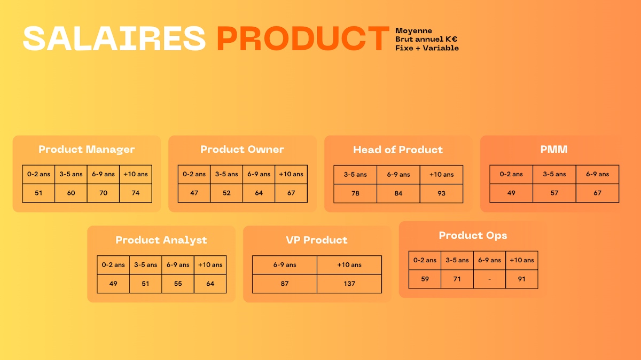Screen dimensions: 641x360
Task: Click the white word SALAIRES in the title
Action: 114,38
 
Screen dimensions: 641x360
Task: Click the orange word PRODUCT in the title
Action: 303,38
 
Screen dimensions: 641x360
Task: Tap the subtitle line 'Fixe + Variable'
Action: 427,48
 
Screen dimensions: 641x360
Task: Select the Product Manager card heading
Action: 87,150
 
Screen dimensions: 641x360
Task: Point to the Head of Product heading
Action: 398,150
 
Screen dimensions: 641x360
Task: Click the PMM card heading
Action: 554,150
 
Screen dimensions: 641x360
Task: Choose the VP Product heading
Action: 317,240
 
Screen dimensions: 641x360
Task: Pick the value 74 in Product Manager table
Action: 136,193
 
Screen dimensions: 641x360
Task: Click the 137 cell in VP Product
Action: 349,284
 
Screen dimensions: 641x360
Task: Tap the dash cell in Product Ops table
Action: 489,279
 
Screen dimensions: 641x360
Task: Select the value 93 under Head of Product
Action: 442,193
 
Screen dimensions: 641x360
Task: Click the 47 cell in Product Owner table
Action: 194,193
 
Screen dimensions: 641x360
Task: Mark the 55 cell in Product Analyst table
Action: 178,284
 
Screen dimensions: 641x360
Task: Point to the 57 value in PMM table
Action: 554,193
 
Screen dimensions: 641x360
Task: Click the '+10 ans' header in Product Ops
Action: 522,260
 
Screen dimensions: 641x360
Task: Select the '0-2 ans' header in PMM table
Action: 511,174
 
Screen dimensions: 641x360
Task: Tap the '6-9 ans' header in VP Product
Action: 285,265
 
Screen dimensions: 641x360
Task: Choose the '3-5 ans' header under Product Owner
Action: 226,174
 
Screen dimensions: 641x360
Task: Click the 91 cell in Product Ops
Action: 522,279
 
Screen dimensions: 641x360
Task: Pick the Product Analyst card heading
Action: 161,240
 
